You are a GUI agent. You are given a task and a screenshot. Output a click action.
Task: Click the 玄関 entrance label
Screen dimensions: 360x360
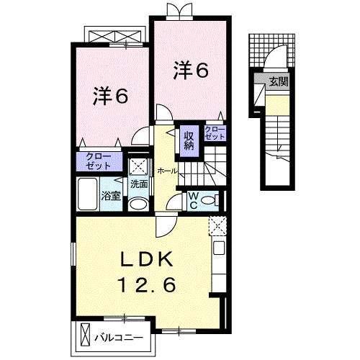point(278,82)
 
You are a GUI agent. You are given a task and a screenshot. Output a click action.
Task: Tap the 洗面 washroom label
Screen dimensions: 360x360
point(138,184)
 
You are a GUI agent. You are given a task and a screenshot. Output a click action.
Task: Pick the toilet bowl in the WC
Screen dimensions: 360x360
point(210,200)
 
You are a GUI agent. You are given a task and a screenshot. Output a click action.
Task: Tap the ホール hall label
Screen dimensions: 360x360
point(167,171)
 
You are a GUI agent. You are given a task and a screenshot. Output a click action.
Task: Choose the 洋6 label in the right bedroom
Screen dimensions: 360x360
point(190,71)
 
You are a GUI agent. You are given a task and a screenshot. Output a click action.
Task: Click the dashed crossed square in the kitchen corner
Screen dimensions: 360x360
point(217,226)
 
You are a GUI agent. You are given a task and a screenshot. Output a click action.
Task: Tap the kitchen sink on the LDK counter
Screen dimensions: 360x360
point(220,252)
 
